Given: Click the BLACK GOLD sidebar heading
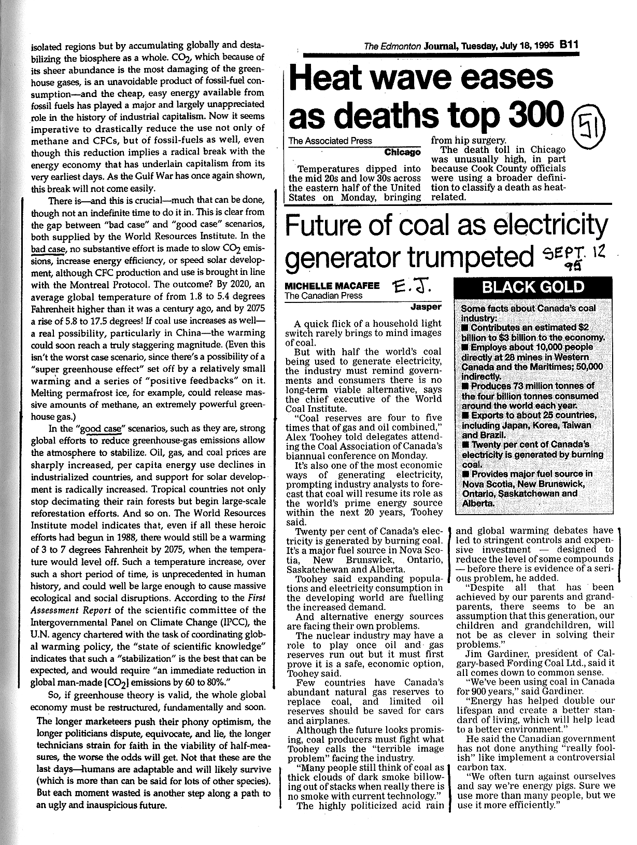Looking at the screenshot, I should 533,287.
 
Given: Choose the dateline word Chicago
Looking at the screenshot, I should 402,152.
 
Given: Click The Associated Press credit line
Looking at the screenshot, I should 330,141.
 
